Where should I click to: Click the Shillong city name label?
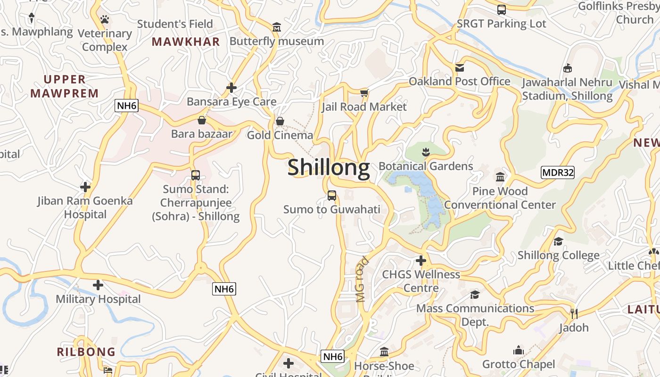click(329, 168)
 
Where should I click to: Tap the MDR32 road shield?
click(558, 172)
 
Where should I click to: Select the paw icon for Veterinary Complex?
click(105, 19)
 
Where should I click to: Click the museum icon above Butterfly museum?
click(277, 27)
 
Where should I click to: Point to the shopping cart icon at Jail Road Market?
click(364, 93)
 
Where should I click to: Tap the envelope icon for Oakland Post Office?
click(460, 67)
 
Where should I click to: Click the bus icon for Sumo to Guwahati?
click(332, 195)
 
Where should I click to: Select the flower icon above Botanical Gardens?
click(426, 152)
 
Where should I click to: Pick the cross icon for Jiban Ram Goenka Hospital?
click(85, 187)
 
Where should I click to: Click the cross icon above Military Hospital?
click(98, 285)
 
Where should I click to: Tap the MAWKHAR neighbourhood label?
click(186, 41)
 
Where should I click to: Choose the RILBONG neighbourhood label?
click(86, 352)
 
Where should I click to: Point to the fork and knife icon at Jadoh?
click(574, 313)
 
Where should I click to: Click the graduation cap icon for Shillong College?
click(559, 242)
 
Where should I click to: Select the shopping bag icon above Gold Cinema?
click(280, 121)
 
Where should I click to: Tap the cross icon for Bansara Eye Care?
click(231, 88)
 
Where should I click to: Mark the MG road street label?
click(362, 279)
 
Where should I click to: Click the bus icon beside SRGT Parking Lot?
click(502, 9)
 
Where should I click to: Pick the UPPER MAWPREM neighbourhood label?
click(65, 86)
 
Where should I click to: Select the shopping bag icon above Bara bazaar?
click(202, 120)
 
